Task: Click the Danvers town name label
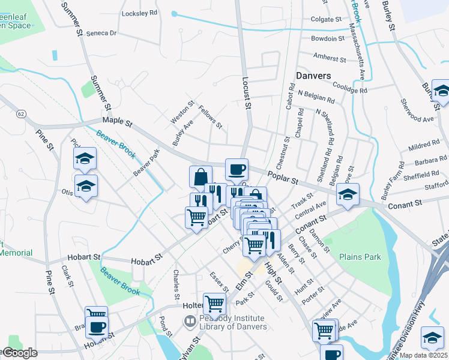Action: point(313,76)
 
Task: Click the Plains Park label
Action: point(360,257)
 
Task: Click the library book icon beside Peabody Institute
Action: point(190,322)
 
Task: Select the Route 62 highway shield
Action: point(22,113)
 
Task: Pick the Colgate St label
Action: point(326,19)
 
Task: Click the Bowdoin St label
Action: point(328,38)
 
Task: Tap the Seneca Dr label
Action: point(101,33)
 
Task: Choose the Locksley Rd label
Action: point(139,13)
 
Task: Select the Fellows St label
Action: point(211,117)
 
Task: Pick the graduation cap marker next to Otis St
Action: point(86,185)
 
